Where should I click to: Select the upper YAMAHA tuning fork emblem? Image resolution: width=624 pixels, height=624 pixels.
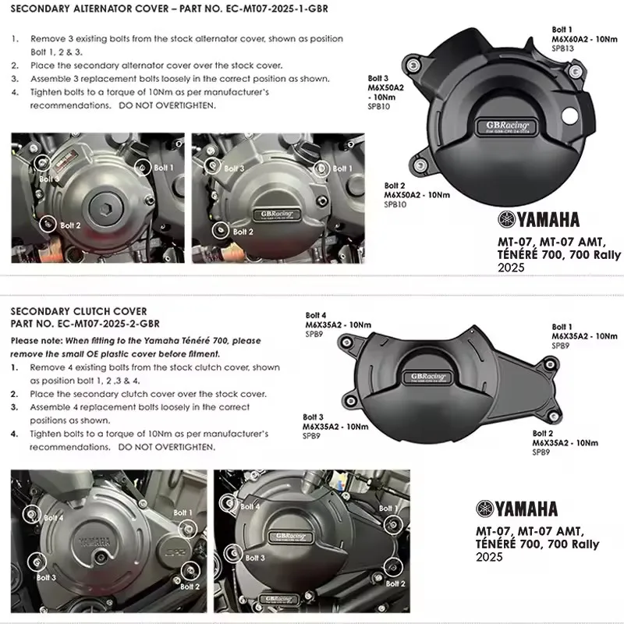(506, 220)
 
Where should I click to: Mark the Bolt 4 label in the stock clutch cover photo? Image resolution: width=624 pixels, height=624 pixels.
(53, 517)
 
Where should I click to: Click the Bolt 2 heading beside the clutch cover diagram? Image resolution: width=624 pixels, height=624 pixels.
(544, 433)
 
